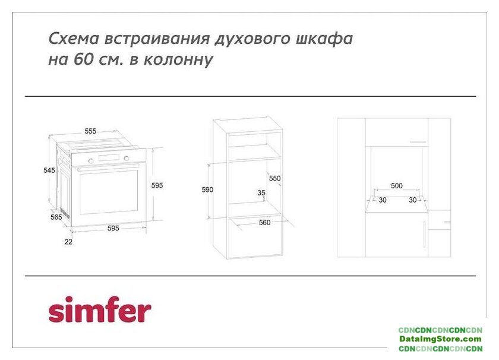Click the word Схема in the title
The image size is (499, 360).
(x=74, y=38)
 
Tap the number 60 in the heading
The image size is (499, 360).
(x=84, y=59)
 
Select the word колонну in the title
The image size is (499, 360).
(x=178, y=60)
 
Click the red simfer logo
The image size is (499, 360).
(x=100, y=310)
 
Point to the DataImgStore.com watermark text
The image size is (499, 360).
(x=440, y=339)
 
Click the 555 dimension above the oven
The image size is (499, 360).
(x=90, y=131)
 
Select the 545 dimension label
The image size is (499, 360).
(x=49, y=170)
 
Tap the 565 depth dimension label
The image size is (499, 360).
(x=56, y=217)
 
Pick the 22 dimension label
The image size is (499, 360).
(x=68, y=242)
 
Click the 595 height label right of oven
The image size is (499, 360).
(x=157, y=185)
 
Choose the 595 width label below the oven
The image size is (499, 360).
(x=113, y=228)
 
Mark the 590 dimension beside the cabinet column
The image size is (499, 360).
(x=207, y=190)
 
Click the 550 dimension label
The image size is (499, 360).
(x=275, y=178)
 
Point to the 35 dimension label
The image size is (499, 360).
(x=261, y=193)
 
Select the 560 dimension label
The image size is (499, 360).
(x=265, y=223)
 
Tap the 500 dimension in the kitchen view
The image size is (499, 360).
(x=397, y=185)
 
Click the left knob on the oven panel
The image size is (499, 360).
(x=91, y=161)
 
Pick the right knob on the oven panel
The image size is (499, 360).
(x=127, y=158)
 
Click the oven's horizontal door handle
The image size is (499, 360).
(x=108, y=168)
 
